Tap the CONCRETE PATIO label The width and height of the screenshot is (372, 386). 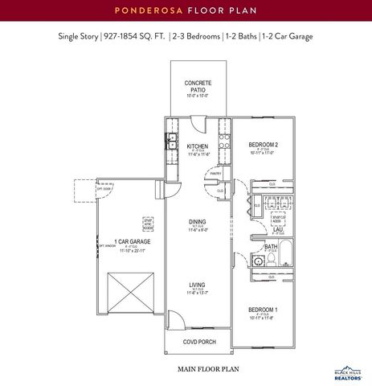point(198,87)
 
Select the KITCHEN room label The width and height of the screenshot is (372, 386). point(198,146)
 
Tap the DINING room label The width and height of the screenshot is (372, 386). point(198,222)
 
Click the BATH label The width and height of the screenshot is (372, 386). point(271,247)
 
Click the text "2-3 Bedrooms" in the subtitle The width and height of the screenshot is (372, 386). point(194,37)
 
